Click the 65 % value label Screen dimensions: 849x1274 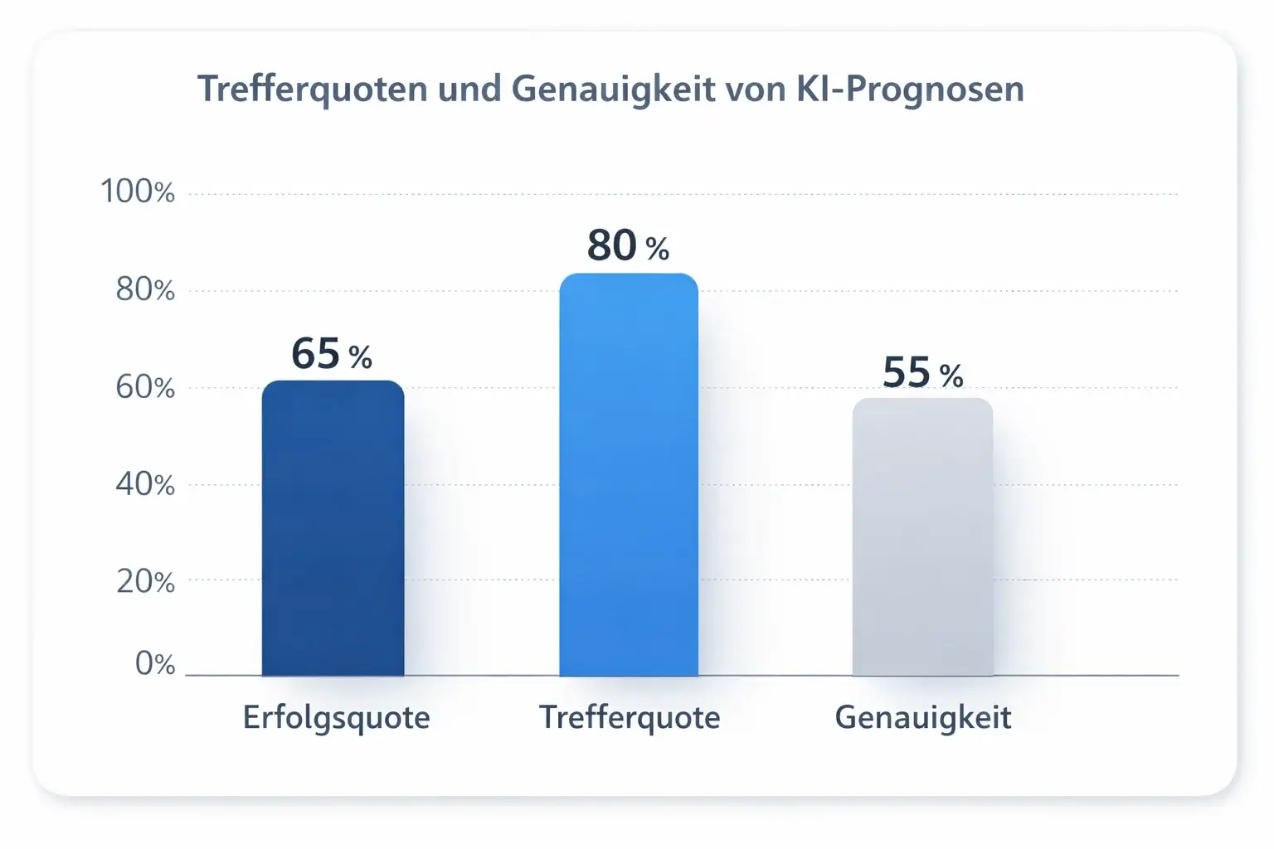coord(331,354)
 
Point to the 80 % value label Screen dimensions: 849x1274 coord(628,245)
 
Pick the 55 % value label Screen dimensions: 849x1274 coord(922,372)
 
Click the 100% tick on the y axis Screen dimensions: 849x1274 coord(138,192)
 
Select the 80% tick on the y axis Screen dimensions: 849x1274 coord(145,289)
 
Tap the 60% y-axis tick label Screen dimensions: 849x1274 coord(145,387)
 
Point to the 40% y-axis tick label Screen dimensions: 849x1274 coord(145,484)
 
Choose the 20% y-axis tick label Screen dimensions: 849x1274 coord(145,582)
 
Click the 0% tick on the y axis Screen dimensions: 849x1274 coord(155,664)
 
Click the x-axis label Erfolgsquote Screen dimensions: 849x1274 coord(336,717)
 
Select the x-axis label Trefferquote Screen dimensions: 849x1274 coord(630,717)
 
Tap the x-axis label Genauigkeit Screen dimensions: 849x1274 coord(922,717)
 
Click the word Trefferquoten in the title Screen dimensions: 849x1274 coord(312,89)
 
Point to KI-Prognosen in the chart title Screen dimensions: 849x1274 coord(910,89)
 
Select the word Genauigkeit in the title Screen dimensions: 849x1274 coord(613,89)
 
